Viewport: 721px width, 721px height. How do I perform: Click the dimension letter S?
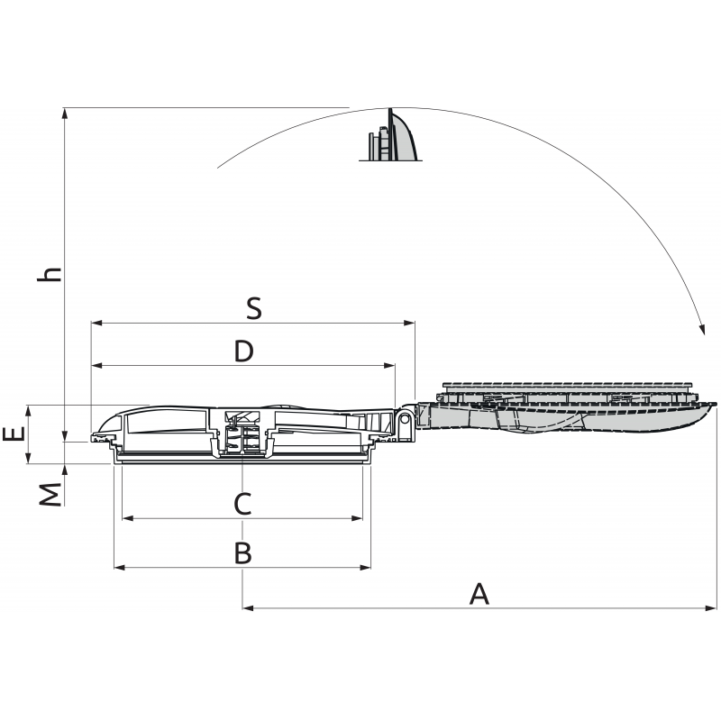tap(254, 308)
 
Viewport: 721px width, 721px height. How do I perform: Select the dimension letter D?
tap(243, 351)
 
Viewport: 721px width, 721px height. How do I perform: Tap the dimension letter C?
tap(242, 504)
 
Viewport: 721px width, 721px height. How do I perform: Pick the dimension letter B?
tap(243, 553)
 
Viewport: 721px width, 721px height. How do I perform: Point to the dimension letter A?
tap(479, 594)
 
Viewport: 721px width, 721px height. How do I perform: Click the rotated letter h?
tap(50, 274)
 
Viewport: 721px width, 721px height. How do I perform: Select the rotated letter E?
tap(14, 434)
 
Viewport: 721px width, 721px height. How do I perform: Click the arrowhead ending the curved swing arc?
tap(701, 329)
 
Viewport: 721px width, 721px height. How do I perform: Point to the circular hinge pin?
tap(405, 419)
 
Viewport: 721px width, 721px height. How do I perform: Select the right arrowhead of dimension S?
tap(409, 324)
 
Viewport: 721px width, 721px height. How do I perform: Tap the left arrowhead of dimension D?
tap(97, 366)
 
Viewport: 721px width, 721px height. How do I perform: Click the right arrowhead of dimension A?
tap(710, 608)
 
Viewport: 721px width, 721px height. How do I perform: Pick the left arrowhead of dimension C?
tap(128, 519)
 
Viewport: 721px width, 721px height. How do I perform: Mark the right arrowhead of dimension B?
tap(365, 568)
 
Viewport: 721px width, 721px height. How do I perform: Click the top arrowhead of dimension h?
tap(65, 114)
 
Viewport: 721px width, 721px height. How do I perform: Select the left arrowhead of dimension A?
tap(249, 608)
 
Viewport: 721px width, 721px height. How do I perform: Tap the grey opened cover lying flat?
tap(565, 407)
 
